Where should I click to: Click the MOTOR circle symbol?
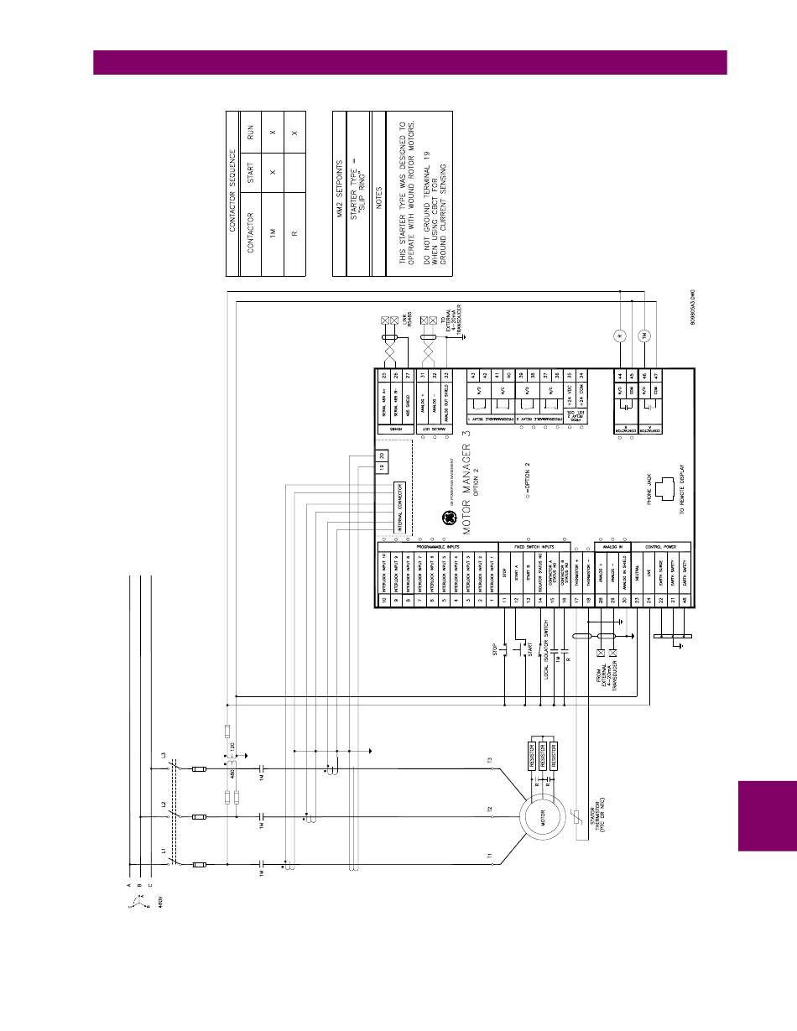(542, 813)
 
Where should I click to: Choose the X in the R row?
(294, 133)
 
